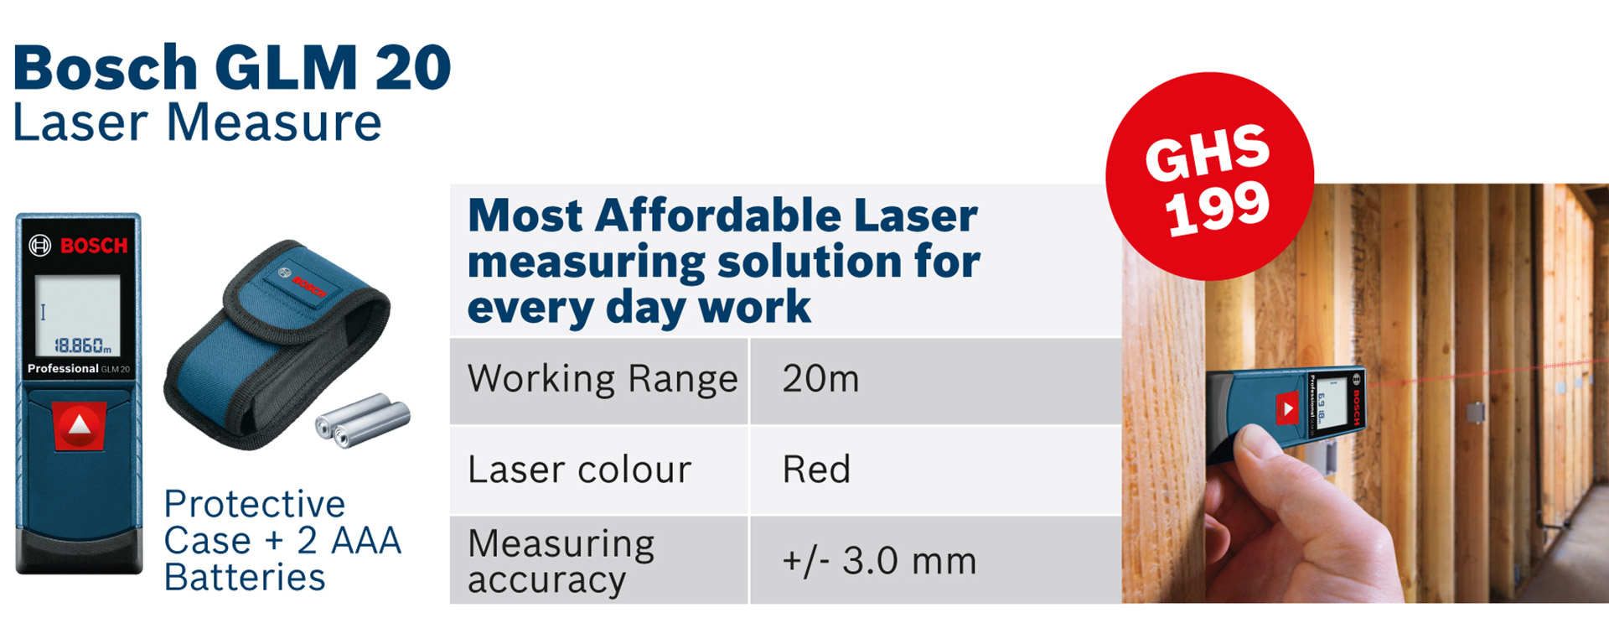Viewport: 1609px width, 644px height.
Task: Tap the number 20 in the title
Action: click(x=413, y=68)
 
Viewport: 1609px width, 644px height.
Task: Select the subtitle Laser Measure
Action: click(x=198, y=123)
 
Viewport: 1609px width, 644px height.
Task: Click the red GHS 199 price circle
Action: click(x=1209, y=176)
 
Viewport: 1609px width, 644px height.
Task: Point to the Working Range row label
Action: click(x=603, y=379)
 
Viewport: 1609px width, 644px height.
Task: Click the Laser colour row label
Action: click(x=580, y=470)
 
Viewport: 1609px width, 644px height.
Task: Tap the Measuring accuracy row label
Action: click(x=561, y=562)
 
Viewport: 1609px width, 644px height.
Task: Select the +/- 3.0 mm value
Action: click(x=879, y=561)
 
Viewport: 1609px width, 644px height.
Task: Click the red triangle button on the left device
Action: click(x=80, y=425)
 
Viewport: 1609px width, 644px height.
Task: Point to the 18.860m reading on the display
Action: click(x=82, y=345)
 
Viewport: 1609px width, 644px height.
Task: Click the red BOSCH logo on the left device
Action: click(x=94, y=246)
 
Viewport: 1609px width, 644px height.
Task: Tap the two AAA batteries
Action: click(x=362, y=418)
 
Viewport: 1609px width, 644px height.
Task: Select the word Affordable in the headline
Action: click(x=718, y=216)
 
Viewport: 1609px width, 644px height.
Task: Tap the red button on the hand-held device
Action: click(x=1286, y=409)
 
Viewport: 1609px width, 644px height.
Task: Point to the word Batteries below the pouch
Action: click(x=245, y=578)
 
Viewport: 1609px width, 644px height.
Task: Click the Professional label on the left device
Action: click(x=63, y=369)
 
